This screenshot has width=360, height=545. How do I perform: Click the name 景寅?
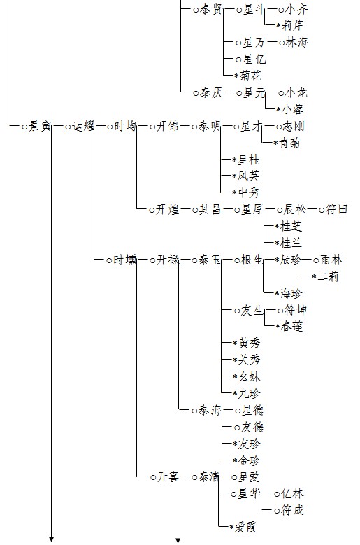coord(40,126)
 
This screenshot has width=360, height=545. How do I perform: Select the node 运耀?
coord(83,126)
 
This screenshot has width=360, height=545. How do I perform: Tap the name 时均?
coord(125,126)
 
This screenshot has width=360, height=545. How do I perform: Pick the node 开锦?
coord(168,126)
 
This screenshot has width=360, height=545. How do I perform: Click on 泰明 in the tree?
coord(210,126)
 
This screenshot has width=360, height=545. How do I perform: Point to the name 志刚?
coord(294,126)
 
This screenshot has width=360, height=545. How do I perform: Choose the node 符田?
coord(336,209)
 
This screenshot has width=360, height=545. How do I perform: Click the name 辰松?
coord(295,209)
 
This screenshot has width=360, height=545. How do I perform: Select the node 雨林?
coord(331,260)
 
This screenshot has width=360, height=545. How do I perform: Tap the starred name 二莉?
coord(328,276)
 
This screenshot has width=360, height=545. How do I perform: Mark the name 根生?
coord(252,260)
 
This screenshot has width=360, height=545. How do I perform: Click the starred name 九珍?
coord(249,393)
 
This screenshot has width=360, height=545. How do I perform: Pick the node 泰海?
coord(210,411)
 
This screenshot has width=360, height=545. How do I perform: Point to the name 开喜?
coord(168,477)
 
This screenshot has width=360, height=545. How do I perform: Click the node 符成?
coord(292,510)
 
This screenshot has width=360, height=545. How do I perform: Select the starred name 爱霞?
coord(246,528)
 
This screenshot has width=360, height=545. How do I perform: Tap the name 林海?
coord(297,43)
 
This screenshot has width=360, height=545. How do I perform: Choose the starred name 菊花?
coord(250,76)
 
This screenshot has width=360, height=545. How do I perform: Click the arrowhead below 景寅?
coord(52,539)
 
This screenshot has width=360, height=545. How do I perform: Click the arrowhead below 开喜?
coord(178,540)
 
